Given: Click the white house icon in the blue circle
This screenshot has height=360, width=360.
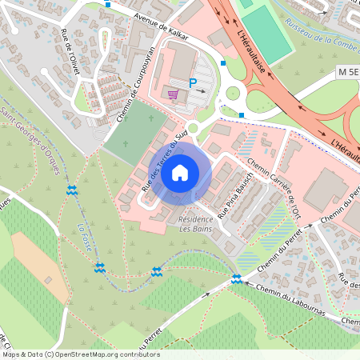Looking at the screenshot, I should (x=180, y=172).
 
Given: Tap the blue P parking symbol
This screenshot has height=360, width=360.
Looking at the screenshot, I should (x=193, y=82).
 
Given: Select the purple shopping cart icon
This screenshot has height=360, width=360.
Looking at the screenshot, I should (x=173, y=94).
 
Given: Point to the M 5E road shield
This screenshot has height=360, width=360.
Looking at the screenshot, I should (x=347, y=73).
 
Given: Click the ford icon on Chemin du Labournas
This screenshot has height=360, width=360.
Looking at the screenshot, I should (x=236, y=278).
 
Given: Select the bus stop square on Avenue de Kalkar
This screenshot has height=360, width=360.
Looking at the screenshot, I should (x=109, y=4).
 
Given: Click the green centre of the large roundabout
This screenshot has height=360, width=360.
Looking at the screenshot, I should (x=233, y=94).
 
